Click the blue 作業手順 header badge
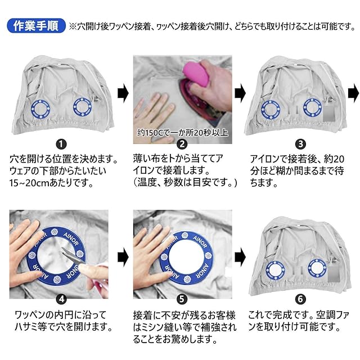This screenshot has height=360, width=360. click(x=36, y=26)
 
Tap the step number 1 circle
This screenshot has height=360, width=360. click(x=61, y=144)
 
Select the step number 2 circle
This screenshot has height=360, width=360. click(x=182, y=144)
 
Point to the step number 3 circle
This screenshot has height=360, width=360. click(x=300, y=144)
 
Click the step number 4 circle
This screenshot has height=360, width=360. click(x=61, y=299)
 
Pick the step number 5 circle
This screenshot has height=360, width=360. click(x=182, y=299)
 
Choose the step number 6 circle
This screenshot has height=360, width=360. click(x=300, y=299)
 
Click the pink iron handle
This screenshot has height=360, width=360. click(x=197, y=73)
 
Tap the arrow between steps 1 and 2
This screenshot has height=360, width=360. click(x=123, y=93)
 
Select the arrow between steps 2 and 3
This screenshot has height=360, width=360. click(x=240, y=93)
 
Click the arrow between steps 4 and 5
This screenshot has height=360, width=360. click(x=123, y=257)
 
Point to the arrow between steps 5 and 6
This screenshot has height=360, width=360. click(x=240, y=257)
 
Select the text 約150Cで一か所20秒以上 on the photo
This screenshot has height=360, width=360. click(x=182, y=133)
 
